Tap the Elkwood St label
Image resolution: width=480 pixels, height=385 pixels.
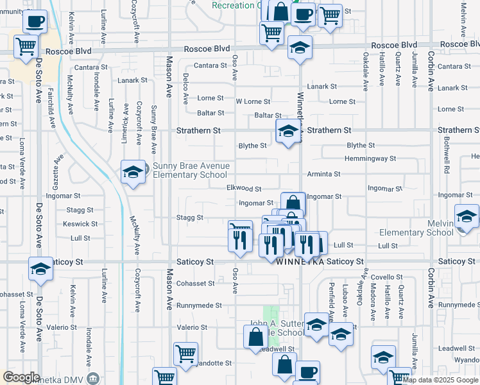click(244, 189)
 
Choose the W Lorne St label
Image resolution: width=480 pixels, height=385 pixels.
click(253, 101)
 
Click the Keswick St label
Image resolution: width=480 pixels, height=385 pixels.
click(80, 224)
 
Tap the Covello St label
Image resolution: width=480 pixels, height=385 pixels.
click(386, 277)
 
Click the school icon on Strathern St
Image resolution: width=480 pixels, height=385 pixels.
click(288, 132)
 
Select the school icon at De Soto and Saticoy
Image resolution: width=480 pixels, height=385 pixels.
click(40, 269)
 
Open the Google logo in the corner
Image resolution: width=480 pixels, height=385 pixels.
click(22, 377)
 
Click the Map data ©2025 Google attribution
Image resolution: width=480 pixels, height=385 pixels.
click(440, 380)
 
